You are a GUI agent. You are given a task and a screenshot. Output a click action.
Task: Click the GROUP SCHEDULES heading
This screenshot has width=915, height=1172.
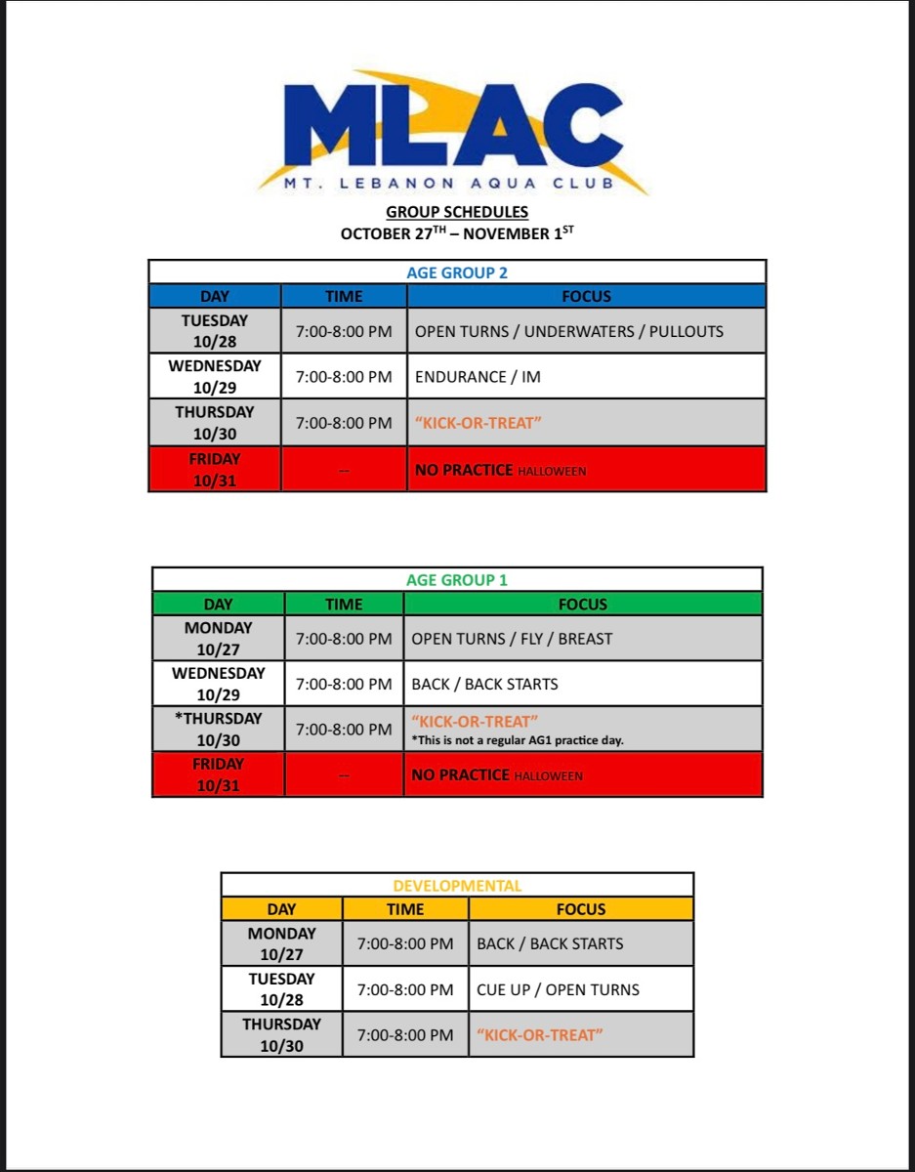457,212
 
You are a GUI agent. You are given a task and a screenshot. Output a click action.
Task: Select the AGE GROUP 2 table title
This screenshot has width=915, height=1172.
457,272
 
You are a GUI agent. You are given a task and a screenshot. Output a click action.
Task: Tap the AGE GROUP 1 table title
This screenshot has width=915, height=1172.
457,580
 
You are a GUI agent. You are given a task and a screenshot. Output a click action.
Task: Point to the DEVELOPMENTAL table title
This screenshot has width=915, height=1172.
457,886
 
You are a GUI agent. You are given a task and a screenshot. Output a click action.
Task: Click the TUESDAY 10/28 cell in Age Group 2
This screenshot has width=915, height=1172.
215,331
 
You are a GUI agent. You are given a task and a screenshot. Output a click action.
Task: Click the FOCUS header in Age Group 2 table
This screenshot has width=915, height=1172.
586,296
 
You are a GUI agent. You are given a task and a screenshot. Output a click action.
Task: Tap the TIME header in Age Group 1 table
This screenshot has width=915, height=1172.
344,605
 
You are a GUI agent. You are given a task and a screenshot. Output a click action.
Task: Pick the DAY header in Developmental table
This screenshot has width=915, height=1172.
281,909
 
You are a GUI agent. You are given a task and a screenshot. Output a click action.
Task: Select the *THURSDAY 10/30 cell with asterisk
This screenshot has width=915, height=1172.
218,730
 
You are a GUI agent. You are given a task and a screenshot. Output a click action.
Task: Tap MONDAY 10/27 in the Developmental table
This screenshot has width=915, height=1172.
281,943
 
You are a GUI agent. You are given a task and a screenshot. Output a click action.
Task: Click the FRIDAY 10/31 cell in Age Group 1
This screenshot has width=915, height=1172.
218,774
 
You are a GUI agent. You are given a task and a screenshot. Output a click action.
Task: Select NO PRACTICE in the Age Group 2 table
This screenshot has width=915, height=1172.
464,470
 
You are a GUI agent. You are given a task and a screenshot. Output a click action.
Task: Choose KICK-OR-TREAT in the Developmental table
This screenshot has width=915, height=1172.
540,1034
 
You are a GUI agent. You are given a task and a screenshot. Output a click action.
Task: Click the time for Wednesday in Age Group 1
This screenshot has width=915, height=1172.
344,684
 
